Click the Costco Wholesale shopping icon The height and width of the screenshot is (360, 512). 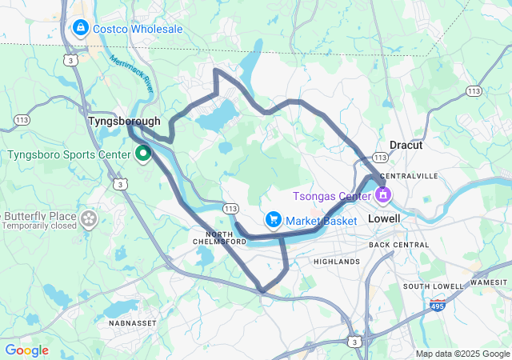(80, 29)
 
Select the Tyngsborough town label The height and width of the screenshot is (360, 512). (124, 121)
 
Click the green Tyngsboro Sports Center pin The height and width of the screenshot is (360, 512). (144, 151)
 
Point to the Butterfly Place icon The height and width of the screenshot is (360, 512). (89, 217)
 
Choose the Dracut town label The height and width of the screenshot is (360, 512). (406, 145)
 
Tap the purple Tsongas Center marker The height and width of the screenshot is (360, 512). (382, 194)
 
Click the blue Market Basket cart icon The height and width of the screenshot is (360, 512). (274, 219)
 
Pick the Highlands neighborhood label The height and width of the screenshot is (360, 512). (336, 262)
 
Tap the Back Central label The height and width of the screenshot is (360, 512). (399, 244)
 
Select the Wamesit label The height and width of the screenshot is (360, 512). (488, 282)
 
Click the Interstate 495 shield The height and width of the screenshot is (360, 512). (438, 306)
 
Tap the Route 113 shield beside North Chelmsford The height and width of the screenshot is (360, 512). (231, 209)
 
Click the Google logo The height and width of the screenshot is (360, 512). (27, 350)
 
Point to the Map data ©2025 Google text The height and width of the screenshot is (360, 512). (462, 354)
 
